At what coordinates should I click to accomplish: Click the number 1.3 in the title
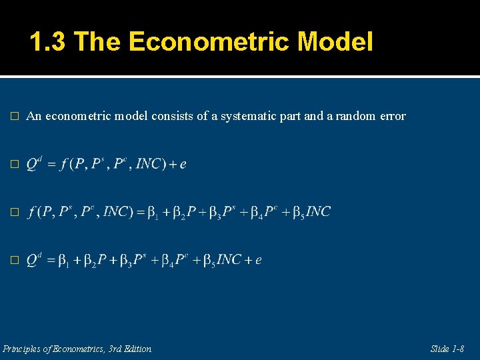(49, 43)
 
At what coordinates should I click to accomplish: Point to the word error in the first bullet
(391, 116)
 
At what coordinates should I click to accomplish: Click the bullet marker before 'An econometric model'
(15, 117)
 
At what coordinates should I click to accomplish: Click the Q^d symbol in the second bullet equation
(34, 163)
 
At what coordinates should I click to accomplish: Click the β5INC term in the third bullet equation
(313, 212)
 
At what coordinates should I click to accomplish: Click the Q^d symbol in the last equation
(34, 259)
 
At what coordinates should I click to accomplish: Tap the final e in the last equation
(259, 260)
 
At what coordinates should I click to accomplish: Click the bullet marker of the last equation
(15, 260)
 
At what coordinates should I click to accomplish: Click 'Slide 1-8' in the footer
(447, 349)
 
